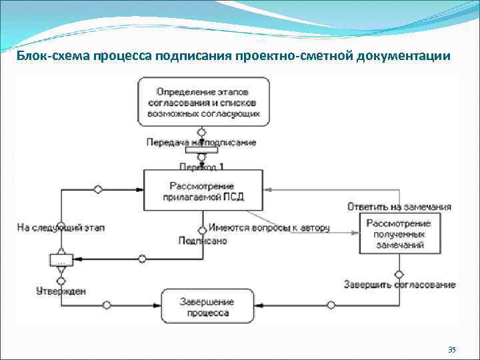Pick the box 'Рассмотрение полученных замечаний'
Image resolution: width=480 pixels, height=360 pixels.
(x=398, y=234)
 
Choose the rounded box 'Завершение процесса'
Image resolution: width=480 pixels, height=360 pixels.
(x=207, y=307)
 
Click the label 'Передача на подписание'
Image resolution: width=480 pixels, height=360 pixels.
(x=201, y=142)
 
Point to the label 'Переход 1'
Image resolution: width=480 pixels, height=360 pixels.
(x=201, y=165)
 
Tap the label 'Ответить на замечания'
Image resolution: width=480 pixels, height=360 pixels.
(x=399, y=207)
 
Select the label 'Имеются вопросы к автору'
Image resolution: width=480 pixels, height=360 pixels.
(x=269, y=228)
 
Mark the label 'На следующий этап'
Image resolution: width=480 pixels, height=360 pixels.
(x=61, y=228)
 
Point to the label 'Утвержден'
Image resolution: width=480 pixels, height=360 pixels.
(x=61, y=291)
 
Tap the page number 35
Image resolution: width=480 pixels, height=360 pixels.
(x=452, y=349)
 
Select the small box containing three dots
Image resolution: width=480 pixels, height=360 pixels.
(x=61, y=260)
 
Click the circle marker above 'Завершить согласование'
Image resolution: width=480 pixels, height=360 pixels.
(x=399, y=274)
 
